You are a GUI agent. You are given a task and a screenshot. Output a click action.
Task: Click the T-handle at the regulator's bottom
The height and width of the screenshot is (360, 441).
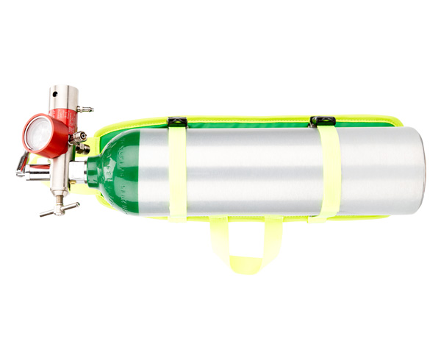58,210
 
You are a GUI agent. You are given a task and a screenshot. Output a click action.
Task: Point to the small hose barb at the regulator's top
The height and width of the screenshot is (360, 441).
85,109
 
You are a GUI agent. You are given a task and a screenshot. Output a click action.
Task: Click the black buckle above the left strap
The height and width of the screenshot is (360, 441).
177,121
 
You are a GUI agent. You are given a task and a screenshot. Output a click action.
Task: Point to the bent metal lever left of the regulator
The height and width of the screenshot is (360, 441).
26,169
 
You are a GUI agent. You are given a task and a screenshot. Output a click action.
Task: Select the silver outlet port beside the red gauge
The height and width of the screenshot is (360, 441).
76,137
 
